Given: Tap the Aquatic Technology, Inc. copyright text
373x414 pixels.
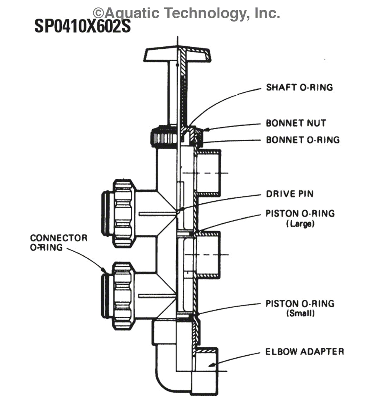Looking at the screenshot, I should [x=186, y=13].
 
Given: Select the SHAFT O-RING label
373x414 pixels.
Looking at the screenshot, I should [x=299, y=87].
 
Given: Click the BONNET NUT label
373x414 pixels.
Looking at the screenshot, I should [x=295, y=123].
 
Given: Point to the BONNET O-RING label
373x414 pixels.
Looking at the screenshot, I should [x=303, y=140].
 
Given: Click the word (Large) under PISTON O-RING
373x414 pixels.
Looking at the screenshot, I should [x=300, y=224].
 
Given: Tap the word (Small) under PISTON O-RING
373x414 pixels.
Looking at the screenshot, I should [x=300, y=313].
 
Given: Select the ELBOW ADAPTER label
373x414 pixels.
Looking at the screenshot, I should [x=305, y=351].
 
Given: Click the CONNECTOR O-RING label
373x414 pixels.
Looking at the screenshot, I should [x=58, y=243].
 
